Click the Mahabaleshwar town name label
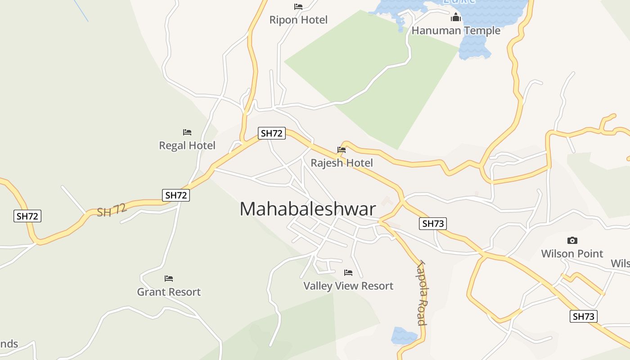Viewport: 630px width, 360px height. pos(307,209)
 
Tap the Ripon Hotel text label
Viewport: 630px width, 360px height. pos(298,20)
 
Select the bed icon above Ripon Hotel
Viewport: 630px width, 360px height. pos(298,7)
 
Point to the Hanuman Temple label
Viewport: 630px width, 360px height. pos(456,31)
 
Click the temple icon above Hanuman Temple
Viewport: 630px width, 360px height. pos(456,18)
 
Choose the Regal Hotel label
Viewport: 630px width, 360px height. pos(187,145)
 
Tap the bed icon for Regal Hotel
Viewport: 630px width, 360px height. pos(187,132)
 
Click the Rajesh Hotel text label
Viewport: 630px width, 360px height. pos(342,162)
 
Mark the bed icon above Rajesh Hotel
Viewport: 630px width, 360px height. pos(342,150)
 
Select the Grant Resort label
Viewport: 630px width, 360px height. pos(169,292)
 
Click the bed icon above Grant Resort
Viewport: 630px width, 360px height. pos(169,279)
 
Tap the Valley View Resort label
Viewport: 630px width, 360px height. pos(348,286)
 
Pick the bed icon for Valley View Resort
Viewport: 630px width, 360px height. pos(348,273)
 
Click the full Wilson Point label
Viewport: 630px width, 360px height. pos(572,253)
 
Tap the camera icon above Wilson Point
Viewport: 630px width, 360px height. pos(572,241)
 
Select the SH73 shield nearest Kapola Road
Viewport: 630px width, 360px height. pos(433,223)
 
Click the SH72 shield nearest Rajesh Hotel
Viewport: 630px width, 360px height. pos(272,133)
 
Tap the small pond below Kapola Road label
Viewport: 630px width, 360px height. pos(404,336)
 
